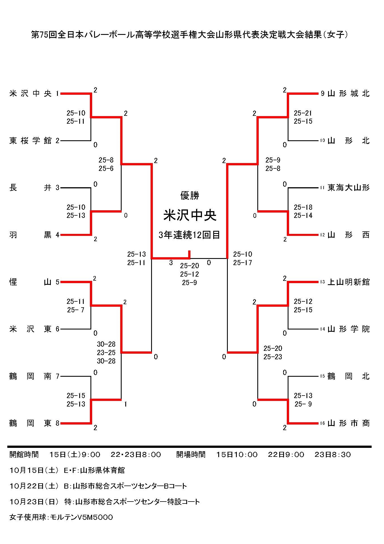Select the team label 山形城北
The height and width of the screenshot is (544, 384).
348,93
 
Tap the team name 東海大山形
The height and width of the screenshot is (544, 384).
348,188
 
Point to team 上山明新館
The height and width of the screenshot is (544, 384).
348,282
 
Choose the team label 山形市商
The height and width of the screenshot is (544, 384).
348,423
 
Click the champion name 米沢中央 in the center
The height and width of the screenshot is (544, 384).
190,215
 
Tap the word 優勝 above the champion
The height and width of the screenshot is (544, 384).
190,195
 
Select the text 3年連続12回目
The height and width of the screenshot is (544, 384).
189,235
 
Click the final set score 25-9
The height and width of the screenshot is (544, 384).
189,283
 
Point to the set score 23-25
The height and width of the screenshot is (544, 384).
106,353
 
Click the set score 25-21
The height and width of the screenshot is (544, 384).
303,113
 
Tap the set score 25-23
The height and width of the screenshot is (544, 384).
272,357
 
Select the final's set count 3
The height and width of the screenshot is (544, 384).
171,263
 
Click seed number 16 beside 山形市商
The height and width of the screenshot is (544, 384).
322,423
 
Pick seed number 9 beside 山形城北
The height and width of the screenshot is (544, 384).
323,93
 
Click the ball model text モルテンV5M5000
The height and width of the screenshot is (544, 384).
81,517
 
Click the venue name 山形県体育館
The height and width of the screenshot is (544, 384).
103,470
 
